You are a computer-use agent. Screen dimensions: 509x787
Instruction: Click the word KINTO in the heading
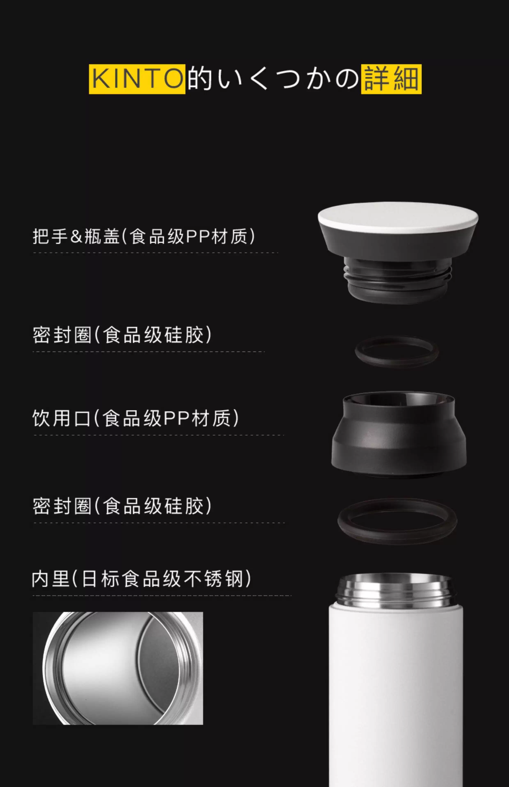coord(137,79)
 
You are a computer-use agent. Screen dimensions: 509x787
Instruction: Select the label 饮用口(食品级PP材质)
coord(135,419)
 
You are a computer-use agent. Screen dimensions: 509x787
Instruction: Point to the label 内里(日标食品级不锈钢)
coord(141,579)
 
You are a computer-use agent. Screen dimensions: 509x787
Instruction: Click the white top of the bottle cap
coord(398,215)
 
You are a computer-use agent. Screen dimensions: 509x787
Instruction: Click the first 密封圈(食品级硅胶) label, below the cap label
coord(122,335)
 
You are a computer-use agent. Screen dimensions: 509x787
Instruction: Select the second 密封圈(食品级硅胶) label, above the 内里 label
coord(122,506)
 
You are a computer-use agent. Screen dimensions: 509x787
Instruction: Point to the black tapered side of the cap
coord(398,243)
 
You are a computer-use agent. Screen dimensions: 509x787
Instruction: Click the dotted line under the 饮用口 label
coord(159,435)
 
